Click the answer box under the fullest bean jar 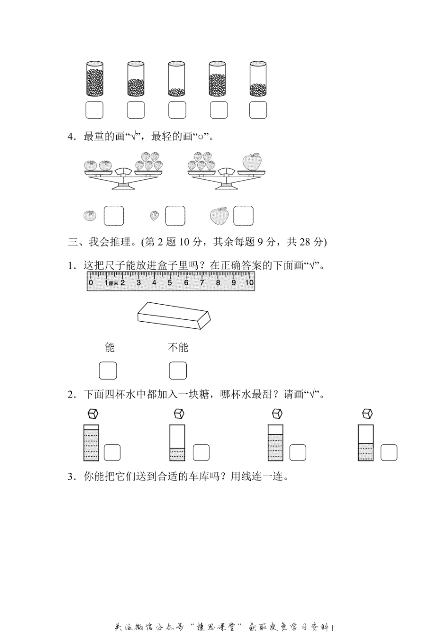(94, 110)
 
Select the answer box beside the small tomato (113, 216)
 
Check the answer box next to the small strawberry (175, 216)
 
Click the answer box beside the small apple (243, 216)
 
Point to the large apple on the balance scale (252, 161)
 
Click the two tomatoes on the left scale (98, 165)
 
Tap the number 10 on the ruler (249, 283)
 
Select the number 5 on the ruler (170, 283)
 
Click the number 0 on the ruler (91, 283)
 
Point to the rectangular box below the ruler (174, 316)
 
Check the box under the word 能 (108, 371)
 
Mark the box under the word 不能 (178, 371)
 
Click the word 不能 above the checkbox (178, 348)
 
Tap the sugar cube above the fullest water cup (93, 414)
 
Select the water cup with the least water (177, 443)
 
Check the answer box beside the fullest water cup (112, 453)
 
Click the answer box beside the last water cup (389, 453)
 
